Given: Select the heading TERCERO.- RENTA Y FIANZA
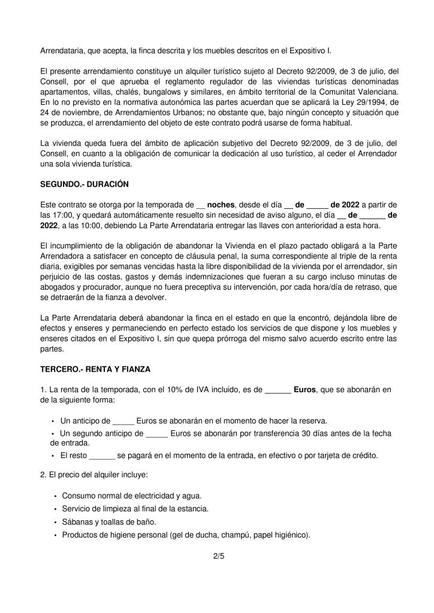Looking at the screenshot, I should (95, 369).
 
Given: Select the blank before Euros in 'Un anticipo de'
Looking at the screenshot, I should (123, 421).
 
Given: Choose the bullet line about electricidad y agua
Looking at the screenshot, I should (132, 496).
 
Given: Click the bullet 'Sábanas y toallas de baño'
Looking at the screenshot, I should (112, 522).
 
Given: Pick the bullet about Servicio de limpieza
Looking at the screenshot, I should (135, 509).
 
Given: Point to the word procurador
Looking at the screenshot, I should (80, 288).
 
